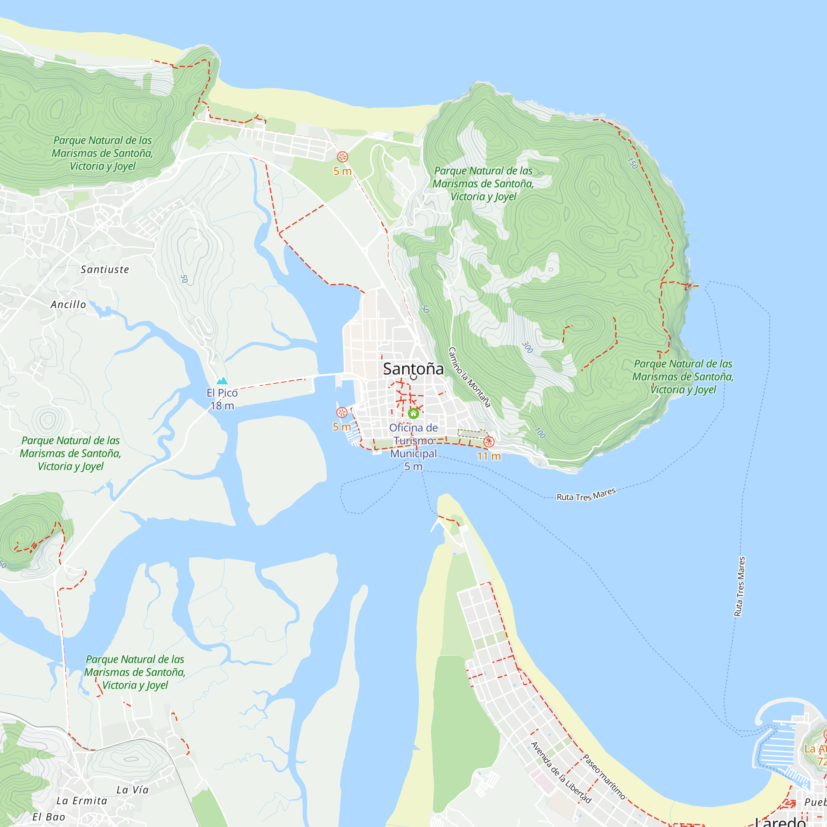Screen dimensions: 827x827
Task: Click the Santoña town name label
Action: click(x=413, y=368)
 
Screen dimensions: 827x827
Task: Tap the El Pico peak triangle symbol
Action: click(x=222, y=380)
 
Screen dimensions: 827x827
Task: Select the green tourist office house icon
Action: click(x=413, y=413)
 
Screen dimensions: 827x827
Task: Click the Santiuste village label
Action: click(x=105, y=270)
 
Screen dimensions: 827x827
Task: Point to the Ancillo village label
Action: click(x=69, y=305)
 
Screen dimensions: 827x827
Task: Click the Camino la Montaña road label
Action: click(x=469, y=377)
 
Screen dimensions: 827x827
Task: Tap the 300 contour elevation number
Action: click(x=527, y=347)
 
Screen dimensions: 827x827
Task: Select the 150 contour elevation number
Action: click(x=632, y=163)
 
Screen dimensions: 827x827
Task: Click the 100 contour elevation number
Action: click(x=540, y=433)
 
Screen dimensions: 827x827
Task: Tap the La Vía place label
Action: click(x=133, y=790)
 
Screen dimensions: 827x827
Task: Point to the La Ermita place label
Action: click(x=82, y=801)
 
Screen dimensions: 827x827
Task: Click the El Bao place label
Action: click(x=49, y=817)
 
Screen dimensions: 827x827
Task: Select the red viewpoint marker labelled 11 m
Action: click(x=489, y=442)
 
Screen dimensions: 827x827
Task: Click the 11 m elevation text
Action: click(x=489, y=457)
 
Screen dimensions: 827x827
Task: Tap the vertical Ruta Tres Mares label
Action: click(x=740, y=586)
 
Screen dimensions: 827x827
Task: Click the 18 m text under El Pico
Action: click(x=222, y=406)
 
